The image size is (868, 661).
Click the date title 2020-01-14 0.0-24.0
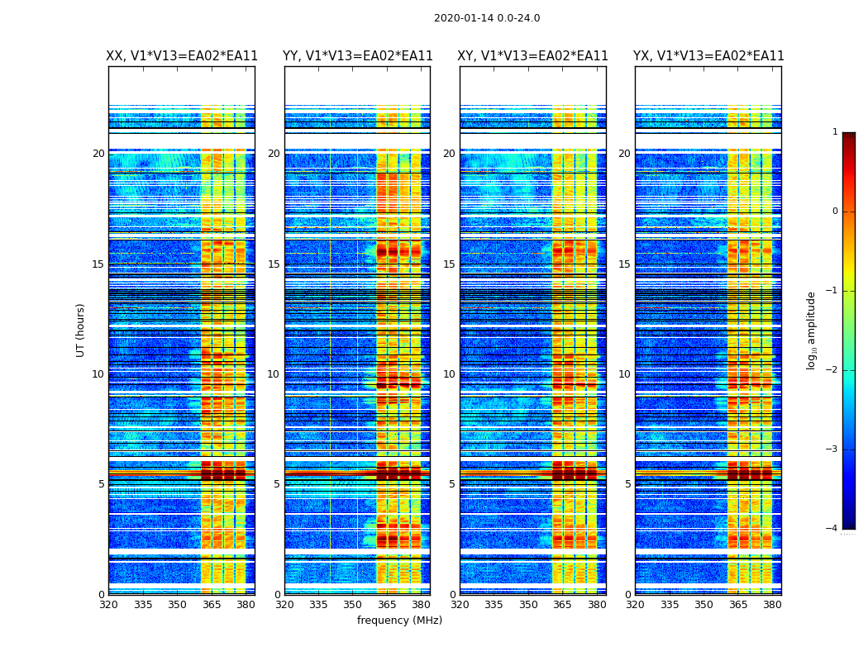pos(487,18)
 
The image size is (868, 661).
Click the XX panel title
pos(182,56)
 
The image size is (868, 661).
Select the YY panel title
pos(357,56)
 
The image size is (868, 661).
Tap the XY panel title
pos(533,56)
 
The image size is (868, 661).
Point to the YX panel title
pos(708,56)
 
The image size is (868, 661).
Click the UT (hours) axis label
pos(81,330)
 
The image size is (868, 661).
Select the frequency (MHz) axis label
pos(399,621)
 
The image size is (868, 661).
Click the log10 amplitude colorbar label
pos(812,330)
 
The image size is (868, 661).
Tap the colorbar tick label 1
pos(835,132)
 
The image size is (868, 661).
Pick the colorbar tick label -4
pos(832,529)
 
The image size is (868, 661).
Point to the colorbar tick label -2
pos(832,370)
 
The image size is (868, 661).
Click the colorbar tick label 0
pos(835,212)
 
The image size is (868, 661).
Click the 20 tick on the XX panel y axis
pos(98,154)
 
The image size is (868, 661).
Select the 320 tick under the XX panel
pos(108,604)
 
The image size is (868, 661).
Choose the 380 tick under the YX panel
pos(772,604)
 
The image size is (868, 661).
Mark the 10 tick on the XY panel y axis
pos(450,374)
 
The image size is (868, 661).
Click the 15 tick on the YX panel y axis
pos(625,264)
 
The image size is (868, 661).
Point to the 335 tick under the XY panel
pos(494,604)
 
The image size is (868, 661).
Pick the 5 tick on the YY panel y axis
pos(277,484)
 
